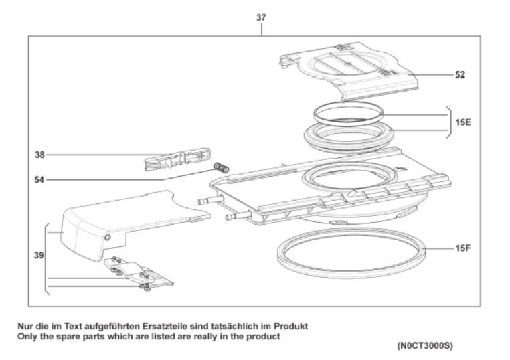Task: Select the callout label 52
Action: coord(460,75)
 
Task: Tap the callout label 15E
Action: coord(462,122)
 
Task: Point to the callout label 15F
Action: coord(462,249)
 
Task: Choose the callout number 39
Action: coord(38,255)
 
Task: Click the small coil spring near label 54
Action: coord(221,167)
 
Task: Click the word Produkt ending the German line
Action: coord(292,326)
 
